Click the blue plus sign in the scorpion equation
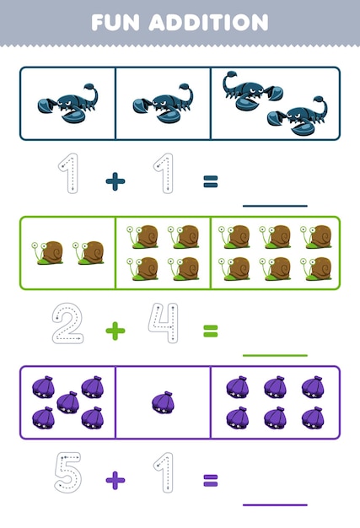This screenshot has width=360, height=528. [116, 181]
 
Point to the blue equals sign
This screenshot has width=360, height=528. [210, 181]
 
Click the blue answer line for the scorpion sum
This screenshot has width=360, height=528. [275, 205]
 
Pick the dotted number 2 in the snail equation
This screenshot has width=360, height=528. [67, 324]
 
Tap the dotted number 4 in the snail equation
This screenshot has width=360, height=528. [163, 324]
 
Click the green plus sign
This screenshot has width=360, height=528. [116, 331]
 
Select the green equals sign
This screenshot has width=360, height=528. [210, 331]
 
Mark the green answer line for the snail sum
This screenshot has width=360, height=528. [275, 355]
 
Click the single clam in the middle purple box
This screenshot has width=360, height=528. [163, 401]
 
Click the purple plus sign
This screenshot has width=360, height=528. [116, 480]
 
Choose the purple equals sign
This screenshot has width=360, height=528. [210, 480]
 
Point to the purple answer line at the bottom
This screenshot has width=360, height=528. [275, 504]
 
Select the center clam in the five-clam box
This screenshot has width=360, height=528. [67, 401]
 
